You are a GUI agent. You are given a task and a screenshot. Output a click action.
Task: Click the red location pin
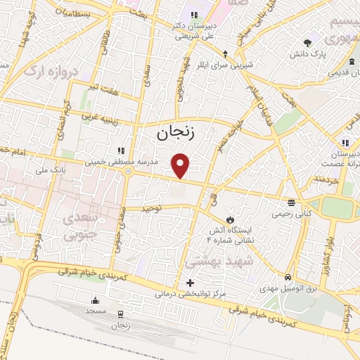coord(181,165)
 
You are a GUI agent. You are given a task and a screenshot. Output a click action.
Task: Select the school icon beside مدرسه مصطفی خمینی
coord(121,150)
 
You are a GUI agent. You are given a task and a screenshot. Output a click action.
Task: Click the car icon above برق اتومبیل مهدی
coord(288,277)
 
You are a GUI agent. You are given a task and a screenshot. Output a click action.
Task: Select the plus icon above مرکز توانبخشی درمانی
coord(190,283)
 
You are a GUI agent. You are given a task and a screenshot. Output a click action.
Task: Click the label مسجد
coord(95,310)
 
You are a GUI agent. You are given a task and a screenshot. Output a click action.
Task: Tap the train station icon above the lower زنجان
coord(120,314)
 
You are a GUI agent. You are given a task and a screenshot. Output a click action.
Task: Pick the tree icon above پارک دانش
coord(307,43)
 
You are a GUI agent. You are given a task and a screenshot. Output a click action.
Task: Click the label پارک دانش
coord(307,53)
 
